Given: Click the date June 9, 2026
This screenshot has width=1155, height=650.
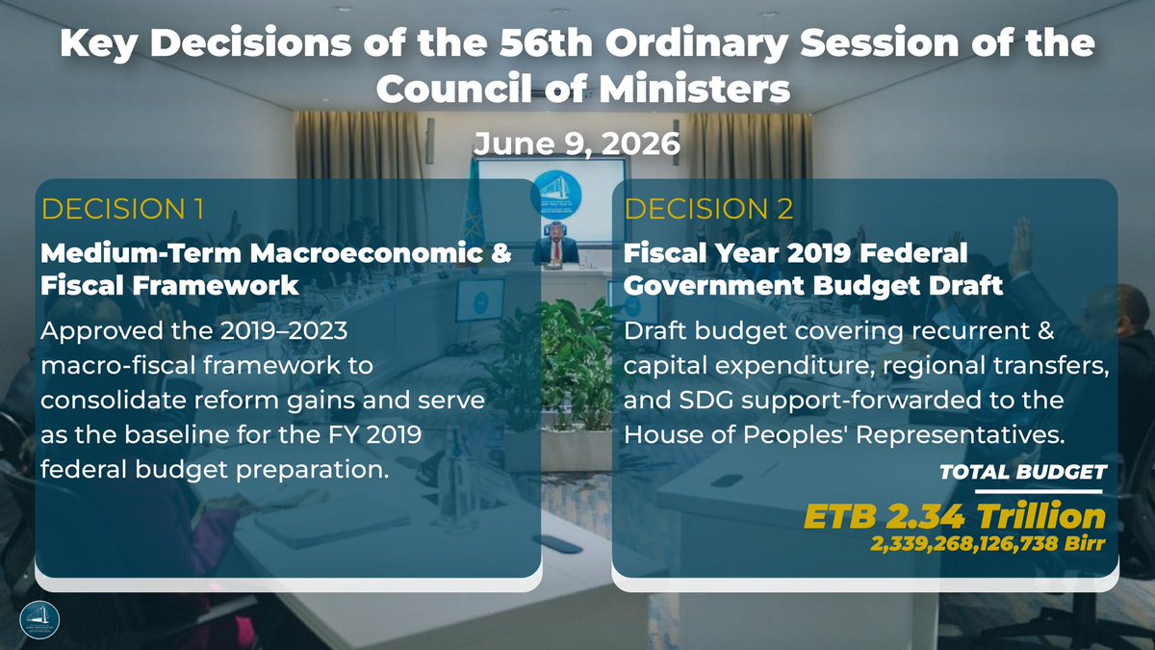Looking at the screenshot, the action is [x=577, y=143].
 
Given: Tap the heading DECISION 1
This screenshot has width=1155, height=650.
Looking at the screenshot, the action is [x=123, y=209].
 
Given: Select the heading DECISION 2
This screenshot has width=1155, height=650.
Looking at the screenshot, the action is [x=708, y=209].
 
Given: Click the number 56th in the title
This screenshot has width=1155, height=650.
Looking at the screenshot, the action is [x=546, y=43].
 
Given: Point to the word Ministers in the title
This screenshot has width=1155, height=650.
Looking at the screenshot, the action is [x=694, y=90].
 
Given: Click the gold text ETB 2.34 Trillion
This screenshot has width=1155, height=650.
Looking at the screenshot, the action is [x=955, y=516].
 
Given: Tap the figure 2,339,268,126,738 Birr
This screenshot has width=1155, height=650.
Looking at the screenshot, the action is [x=988, y=543].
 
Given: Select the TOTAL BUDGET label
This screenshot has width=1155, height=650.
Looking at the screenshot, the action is [x=1023, y=472].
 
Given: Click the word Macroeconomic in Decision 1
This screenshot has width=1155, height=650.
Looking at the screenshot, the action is [x=367, y=252].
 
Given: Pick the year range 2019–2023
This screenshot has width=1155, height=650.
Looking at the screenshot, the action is [x=284, y=330].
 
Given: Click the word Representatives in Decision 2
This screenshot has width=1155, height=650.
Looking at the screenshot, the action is [x=961, y=435].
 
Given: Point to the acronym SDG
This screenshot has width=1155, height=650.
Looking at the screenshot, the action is [x=706, y=401].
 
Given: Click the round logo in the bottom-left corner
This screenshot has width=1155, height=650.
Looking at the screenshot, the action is [x=39, y=620].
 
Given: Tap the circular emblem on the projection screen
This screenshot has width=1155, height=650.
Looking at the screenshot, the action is [x=556, y=195].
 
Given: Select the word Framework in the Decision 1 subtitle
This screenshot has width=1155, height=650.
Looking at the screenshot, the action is [x=216, y=285].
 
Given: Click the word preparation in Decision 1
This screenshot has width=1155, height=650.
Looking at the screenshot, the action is [x=312, y=471].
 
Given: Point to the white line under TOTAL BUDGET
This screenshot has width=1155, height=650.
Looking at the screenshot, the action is [x=1039, y=492].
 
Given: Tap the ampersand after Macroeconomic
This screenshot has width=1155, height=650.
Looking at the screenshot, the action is [x=500, y=253].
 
